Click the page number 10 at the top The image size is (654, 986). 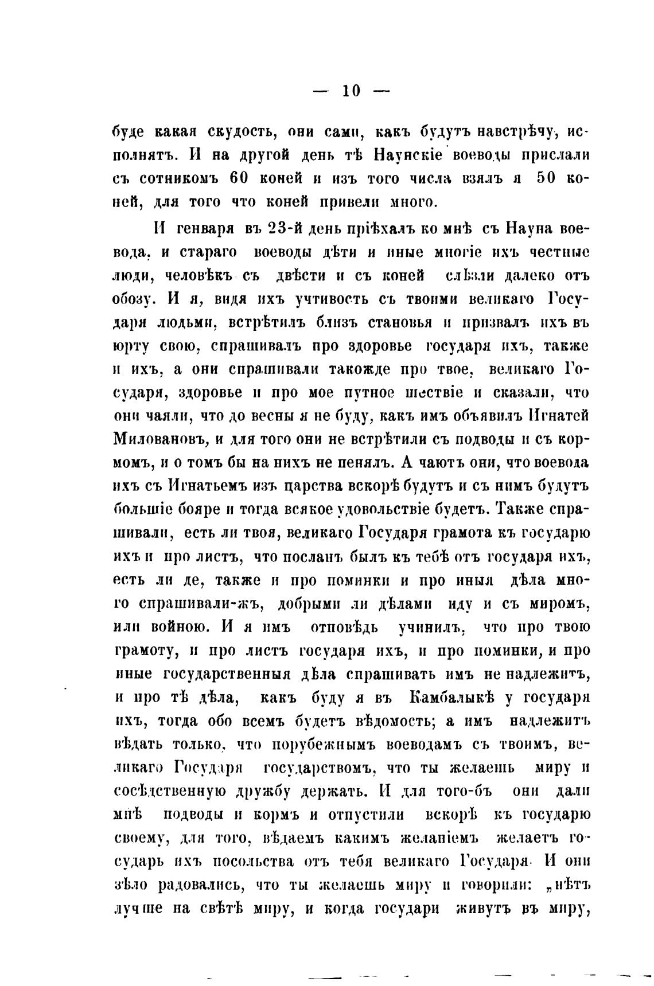coord(351,91)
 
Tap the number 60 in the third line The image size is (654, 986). coord(238,178)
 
